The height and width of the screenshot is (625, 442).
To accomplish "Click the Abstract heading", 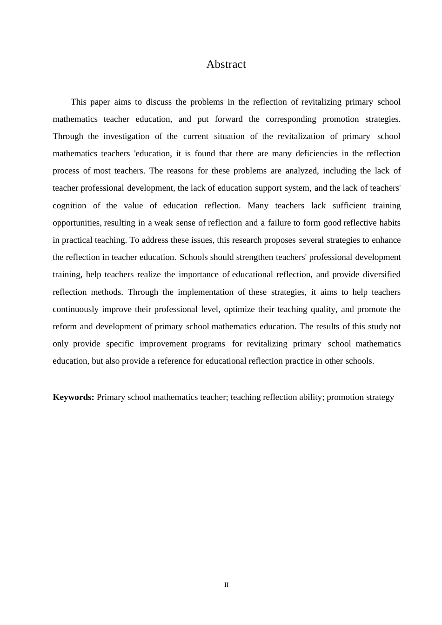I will (226, 64).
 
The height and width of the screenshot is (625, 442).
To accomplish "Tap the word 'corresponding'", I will (290, 119).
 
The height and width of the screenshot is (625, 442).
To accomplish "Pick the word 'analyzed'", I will (301, 171).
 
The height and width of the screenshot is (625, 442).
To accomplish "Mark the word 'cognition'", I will (69, 206).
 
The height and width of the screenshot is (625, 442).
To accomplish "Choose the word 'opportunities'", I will (76, 223).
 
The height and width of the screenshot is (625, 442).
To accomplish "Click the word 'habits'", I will (390, 223).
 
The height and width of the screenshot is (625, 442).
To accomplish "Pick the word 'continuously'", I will (75, 309).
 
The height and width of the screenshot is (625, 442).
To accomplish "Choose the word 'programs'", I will (208, 344).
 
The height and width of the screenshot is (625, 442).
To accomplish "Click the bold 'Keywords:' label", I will (74, 397).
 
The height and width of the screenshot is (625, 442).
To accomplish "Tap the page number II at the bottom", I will (227, 585).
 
